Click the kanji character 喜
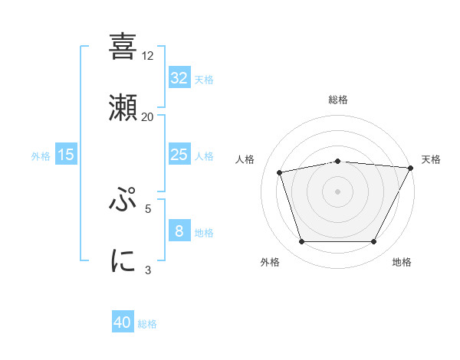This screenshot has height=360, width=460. coord(123,47)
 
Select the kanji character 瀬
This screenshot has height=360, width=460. coord(123,108)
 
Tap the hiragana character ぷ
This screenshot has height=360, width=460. coord(123,200)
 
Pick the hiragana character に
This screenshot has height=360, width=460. coord(123,260)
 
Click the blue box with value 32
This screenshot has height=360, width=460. coord(179,78)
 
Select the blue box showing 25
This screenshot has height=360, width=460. coord(179,155)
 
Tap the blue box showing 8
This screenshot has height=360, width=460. coord(179,231)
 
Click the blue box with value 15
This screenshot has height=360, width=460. coord(66,155)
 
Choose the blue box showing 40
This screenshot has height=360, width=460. coord(123,323)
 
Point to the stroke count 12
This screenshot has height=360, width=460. coord(148,56)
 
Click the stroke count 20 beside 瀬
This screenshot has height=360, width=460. coord(148,116)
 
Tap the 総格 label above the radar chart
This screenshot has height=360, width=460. coord(338,100)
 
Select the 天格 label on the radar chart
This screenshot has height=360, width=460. coord(432,159)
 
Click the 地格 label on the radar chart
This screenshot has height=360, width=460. coord(402,262)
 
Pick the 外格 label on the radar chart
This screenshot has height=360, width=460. coord(270,262)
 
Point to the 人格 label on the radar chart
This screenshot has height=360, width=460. coord(245,159)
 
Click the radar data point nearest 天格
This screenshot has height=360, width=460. coord(411,168)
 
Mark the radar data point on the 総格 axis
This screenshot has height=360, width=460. coord(338,161)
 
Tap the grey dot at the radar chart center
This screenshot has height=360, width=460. coord(338,191)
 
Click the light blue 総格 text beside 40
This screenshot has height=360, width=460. coord(147,324)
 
